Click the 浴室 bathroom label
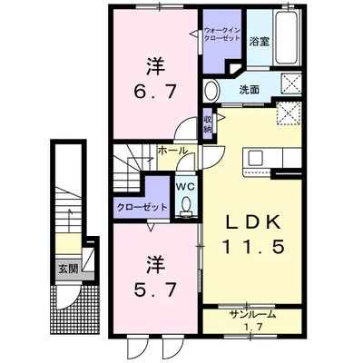pyautogui.click(x=260, y=42)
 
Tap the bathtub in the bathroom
pyautogui.click(x=286, y=37)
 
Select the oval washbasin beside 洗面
pyautogui.click(x=211, y=90)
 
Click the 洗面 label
pyautogui.click(x=249, y=90)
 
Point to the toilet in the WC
pyautogui.click(x=187, y=206)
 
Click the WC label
pyautogui.click(x=186, y=187)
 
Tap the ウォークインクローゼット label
pyautogui.click(x=222, y=34)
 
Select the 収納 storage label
pyautogui.click(x=207, y=123)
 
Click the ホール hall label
pyautogui.click(x=172, y=151)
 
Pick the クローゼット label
pyautogui.click(x=142, y=208)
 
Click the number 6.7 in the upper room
pyautogui.click(x=155, y=91)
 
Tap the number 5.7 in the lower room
pyautogui.click(x=155, y=289)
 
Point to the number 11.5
pyautogui.click(x=253, y=246)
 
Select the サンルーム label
pyautogui.click(x=252, y=315)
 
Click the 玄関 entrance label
pyautogui.click(x=68, y=269)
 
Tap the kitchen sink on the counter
pyautogui.click(x=255, y=158)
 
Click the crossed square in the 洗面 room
pyautogui.click(x=291, y=82)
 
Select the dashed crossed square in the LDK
pyautogui.click(x=289, y=113)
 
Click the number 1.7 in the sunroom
pyautogui.click(x=253, y=327)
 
